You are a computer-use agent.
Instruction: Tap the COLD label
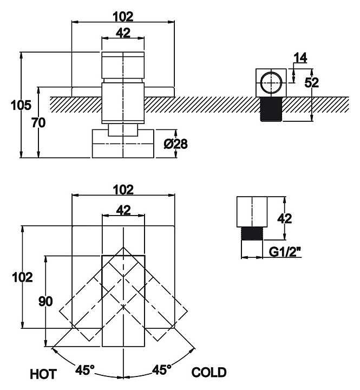[x=209, y=372]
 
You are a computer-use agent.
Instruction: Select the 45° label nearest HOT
[x=84, y=370]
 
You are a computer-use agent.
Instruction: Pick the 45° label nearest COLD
[x=161, y=370]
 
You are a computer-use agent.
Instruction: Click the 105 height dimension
[x=21, y=105]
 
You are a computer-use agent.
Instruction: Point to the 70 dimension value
[x=38, y=122]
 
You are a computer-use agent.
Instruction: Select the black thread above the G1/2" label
[x=253, y=233]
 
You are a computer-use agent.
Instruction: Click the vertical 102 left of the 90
[x=22, y=277]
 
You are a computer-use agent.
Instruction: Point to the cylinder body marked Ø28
[x=123, y=144]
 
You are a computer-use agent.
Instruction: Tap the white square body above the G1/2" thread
[x=253, y=213]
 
